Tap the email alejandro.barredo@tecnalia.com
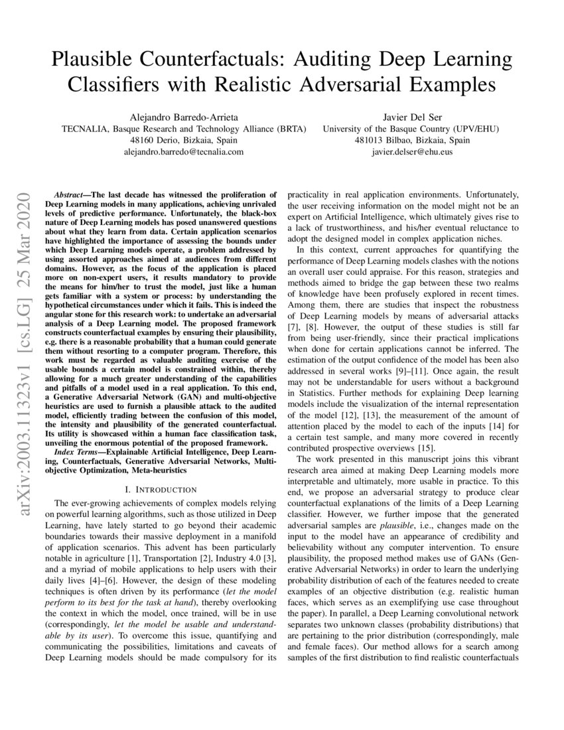point(184,152)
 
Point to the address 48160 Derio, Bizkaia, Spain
point(184,140)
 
